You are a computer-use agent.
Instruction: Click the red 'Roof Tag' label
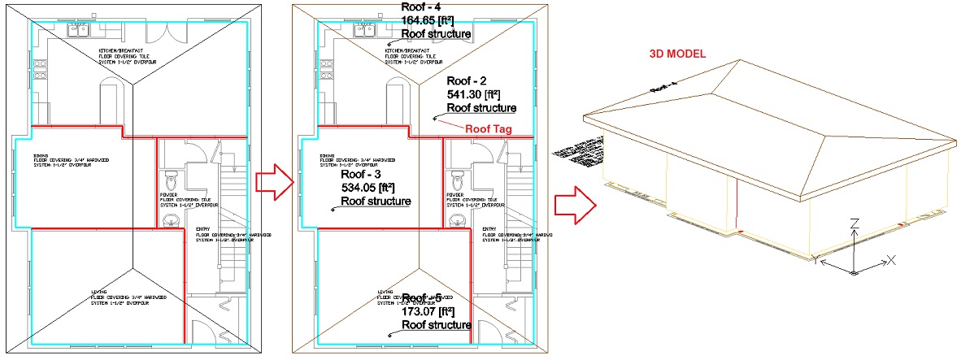(x=487, y=128)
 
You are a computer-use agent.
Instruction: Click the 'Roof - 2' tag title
(x=467, y=81)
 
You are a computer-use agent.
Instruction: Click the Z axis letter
(x=854, y=223)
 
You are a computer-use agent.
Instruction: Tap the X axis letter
(x=890, y=260)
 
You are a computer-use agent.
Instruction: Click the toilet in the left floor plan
(x=170, y=177)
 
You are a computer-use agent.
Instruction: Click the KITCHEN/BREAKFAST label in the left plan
(x=121, y=50)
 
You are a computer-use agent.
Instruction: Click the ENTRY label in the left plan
(x=202, y=229)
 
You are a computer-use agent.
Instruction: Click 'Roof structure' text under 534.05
(x=375, y=201)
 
